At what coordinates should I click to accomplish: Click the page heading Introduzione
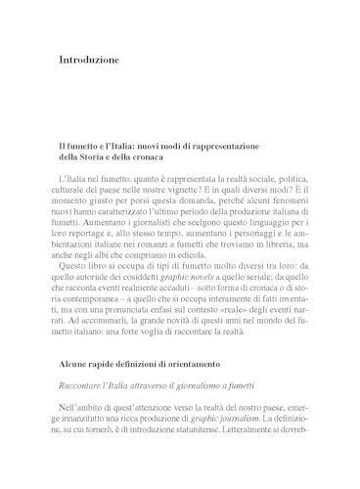click(89, 61)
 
